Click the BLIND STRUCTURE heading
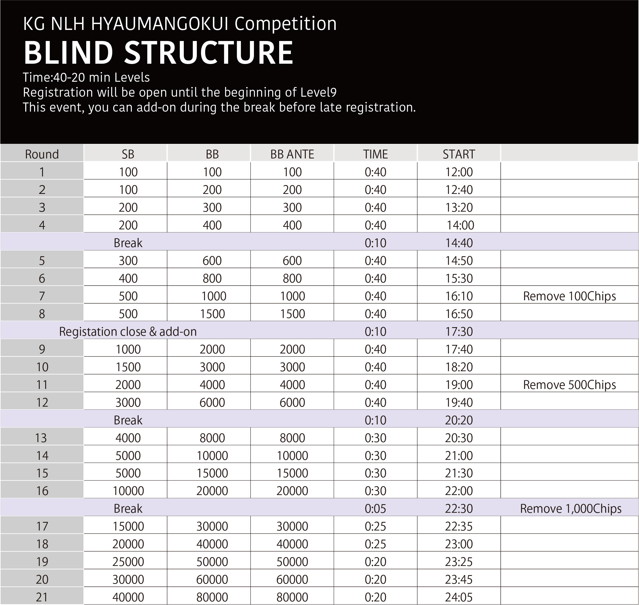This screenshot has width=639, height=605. click(158, 53)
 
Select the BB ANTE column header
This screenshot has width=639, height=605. click(292, 154)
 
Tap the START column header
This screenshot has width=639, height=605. click(459, 154)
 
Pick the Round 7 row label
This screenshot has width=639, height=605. click(42, 296)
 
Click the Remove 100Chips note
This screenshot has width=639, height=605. click(569, 296)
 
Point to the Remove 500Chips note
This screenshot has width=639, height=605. click(569, 385)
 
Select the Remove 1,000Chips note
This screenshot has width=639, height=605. click(571, 509)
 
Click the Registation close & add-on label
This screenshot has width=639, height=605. click(128, 332)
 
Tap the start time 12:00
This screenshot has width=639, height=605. click(459, 172)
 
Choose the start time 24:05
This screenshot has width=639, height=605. click(459, 597)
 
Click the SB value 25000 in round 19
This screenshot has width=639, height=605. click(128, 562)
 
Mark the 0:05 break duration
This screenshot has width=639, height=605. click(375, 509)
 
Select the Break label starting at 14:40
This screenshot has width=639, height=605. click(128, 243)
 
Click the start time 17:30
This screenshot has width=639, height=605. click(459, 332)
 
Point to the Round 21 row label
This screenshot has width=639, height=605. click(42, 597)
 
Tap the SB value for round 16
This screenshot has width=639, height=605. click(128, 491)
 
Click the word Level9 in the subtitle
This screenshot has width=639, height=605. click(318, 93)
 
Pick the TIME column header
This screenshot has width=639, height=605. click(375, 154)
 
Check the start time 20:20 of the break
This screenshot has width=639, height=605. click(459, 420)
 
